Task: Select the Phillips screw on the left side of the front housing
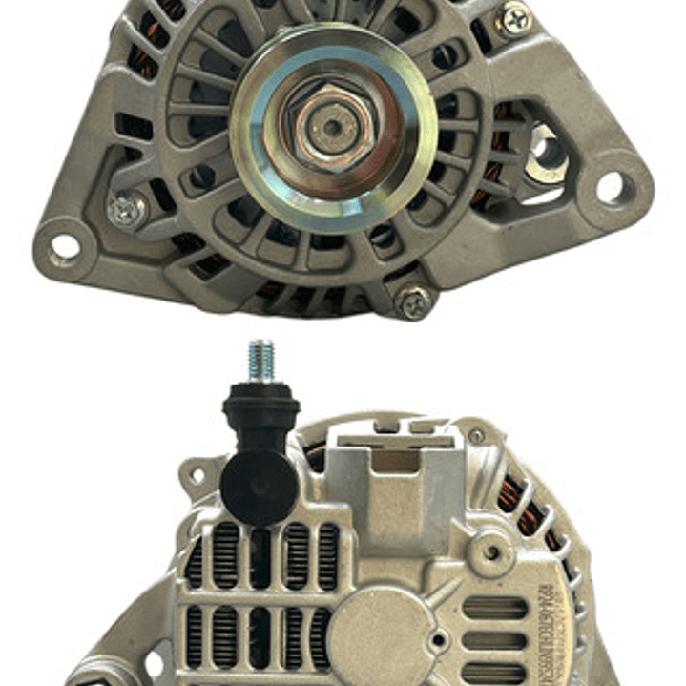(x=126, y=210)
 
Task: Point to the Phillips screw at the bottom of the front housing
(x=413, y=302)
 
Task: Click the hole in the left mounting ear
(x=66, y=247)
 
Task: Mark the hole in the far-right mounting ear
(x=612, y=187)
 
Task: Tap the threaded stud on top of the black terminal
(x=260, y=362)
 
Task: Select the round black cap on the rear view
(x=257, y=487)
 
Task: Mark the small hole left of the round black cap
(x=197, y=474)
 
